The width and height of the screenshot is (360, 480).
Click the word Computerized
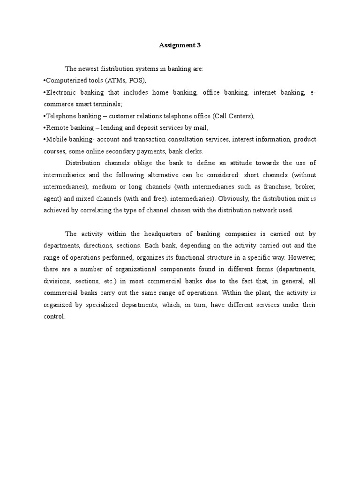coord(66,80)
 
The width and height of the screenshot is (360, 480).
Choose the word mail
coord(200,127)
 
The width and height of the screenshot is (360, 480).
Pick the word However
coord(302,257)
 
